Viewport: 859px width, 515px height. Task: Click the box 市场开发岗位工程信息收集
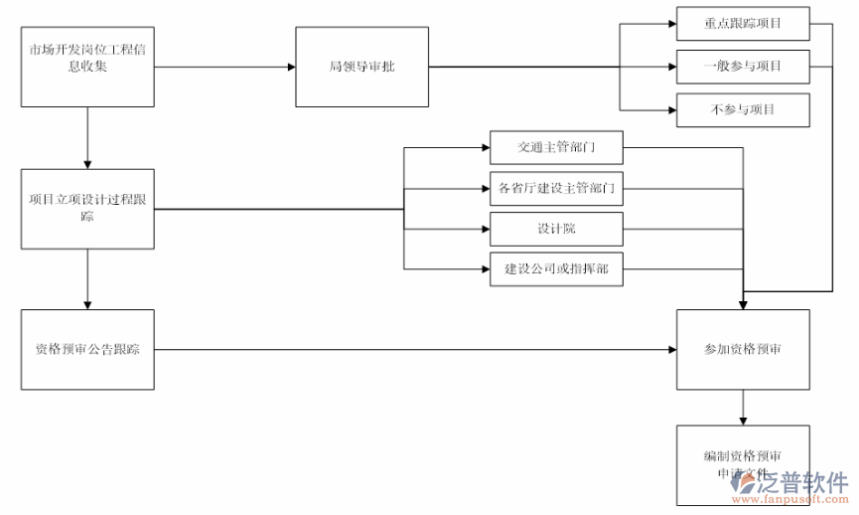click(87, 67)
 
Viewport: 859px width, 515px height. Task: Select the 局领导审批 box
click(362, 67)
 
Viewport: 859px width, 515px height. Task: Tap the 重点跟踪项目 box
click(743, 23)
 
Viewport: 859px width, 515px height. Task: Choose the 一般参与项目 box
click(743, 67)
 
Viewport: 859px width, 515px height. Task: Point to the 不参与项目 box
click(743, 109)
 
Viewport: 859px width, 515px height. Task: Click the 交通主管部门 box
click(556, 148)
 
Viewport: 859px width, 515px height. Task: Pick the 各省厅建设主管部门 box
click(556, 188)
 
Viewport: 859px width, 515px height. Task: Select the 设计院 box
click(556, 229)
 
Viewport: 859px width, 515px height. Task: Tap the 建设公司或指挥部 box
click(556, 268)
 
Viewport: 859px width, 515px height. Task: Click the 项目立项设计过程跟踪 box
click(87, 209)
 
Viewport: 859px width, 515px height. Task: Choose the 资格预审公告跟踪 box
click(87, 349)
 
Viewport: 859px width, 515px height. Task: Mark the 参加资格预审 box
click(743, 349)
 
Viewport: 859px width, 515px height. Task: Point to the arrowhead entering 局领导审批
click(291, 67)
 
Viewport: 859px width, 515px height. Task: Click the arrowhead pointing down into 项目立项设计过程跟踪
click(87, 163)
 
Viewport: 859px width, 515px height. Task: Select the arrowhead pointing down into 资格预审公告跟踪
click(87, 303)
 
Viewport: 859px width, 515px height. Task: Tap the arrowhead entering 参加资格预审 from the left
click(671, 349)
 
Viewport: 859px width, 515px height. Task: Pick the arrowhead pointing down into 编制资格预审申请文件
click(743, 421)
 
